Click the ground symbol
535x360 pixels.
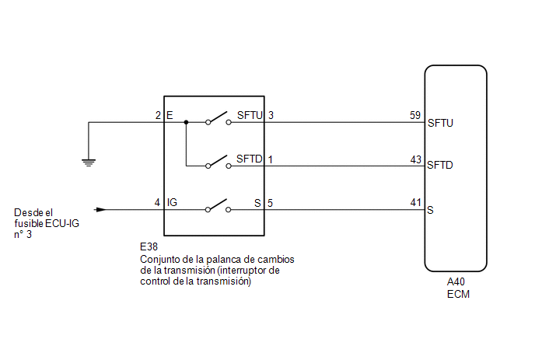tap(89, 163)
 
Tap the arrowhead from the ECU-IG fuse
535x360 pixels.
tap(100, 209)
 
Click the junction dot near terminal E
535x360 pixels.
tap(186, 122)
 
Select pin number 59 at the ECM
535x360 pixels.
tap(415, 115)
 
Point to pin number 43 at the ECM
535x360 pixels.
tap(415, 159)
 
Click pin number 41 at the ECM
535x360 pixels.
tap(415, 202)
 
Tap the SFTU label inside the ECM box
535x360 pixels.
tap(440, 123)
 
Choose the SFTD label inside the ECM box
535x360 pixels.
tap(440, 165)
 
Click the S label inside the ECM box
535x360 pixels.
tap(430, 210)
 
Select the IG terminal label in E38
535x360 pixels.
tap(172, 202)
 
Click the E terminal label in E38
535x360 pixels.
tap(170, 115)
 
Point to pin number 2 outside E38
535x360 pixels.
tap(158, 115)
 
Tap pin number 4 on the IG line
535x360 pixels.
tap(157, 202)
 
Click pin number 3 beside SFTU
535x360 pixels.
tap(271, 115)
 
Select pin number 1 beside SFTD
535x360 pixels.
tap(271, 159)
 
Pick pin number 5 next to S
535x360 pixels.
tap(271, 204)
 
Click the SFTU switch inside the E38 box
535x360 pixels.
tap(219, 118)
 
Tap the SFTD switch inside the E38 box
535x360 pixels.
tap(219, 162)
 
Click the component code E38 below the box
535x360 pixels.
tap(149, 246)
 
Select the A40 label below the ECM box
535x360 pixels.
tap(456, 282)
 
